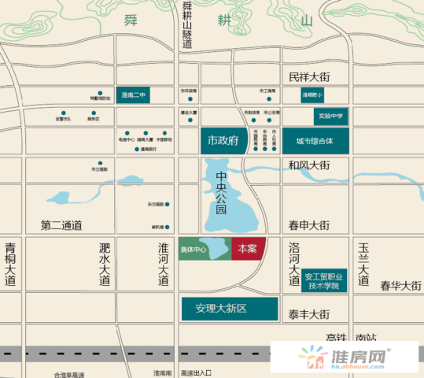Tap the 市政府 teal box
(222, 141)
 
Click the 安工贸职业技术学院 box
(324, 280)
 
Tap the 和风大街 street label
(308, 165)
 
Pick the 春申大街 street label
(308, 225)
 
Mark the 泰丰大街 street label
(308, 314)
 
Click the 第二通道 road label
(61, 225)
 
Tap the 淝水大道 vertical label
(105, 263)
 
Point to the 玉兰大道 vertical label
(363, 263)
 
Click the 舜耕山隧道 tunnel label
(187, 25)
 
